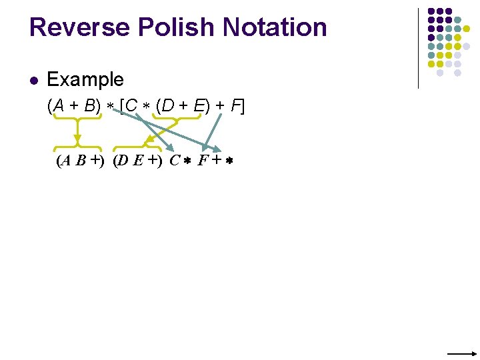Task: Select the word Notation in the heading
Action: pyautogui.click(x=275, y=27)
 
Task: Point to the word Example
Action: pyautogui.click(x=85, y=80)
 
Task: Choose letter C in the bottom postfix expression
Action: pyautogui.click(x=175, y=161)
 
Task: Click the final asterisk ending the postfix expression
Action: pyautogui.click(x=229, y=161)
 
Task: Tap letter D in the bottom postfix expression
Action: pyautogui.click(x=125, y=161)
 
